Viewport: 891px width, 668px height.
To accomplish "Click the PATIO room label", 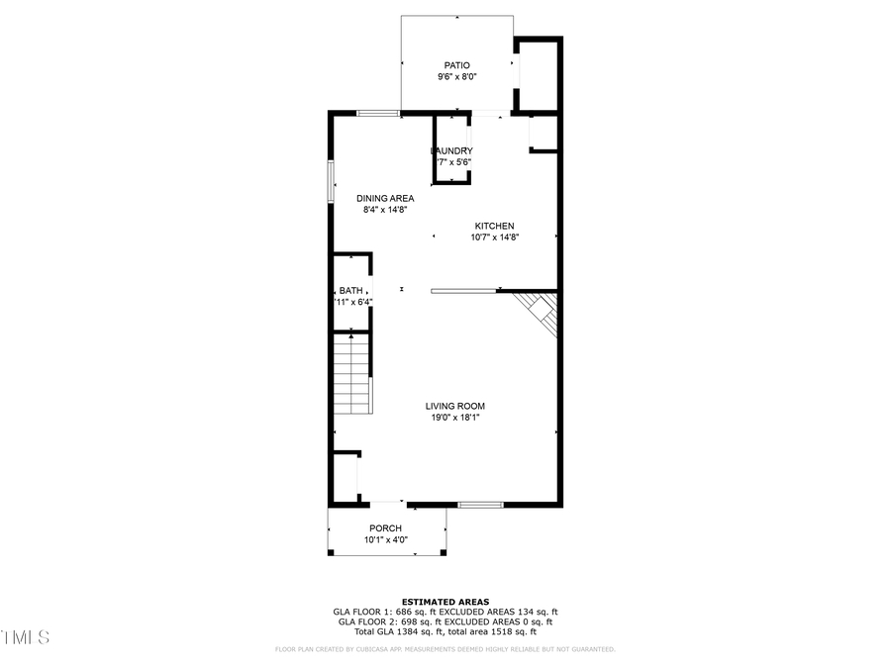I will (x=456, y=65).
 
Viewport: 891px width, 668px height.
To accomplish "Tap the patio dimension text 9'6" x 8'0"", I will (x=456, y=77).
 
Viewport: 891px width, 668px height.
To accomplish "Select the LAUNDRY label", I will (x=452, y=150).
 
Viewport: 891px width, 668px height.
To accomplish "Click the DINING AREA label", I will (x=385, y=198).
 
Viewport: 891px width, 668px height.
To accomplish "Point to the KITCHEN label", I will (x=494, y=226).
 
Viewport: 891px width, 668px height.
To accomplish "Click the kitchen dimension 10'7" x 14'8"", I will (x=494, y=238).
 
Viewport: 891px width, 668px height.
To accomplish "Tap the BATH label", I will (x=351, y=290).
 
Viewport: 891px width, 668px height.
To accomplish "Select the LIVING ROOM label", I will (x=455, y=406).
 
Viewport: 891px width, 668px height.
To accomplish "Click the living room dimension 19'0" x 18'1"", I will (x=455, y=418).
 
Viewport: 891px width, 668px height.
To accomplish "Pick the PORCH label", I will (x=385, y=528).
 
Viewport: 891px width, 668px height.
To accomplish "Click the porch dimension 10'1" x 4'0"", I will (x=385, y=540).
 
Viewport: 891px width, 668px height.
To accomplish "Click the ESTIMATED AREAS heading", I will (x=444, y=602).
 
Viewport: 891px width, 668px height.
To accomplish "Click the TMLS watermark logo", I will (x=25, y=637).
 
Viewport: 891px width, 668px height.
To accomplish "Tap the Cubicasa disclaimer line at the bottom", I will (x=445, y=650).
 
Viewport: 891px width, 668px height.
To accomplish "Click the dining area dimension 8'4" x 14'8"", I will (x=385, y=210).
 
